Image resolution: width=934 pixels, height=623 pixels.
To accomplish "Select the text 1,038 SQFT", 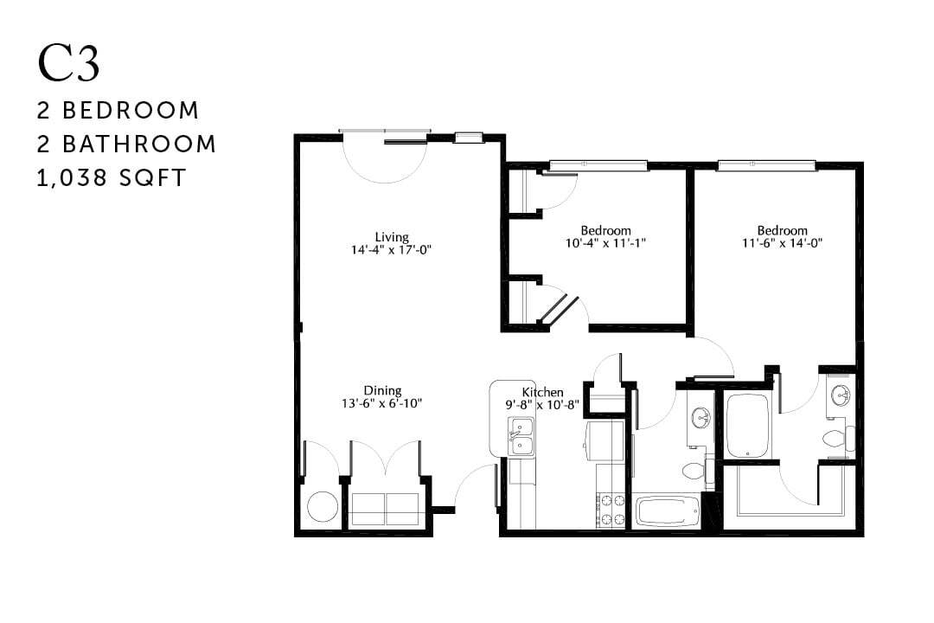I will click(x=112, y=177).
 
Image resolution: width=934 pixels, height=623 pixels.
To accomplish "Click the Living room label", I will click(x=392, y=237).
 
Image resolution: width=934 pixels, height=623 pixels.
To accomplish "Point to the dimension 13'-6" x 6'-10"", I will click(x=383, y=403).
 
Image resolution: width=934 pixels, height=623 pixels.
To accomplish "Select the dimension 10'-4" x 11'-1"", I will click(x=605, y=243).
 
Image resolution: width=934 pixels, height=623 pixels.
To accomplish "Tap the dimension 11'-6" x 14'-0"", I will click(x=783, y=243).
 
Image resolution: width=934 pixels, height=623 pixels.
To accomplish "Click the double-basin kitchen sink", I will click(x=521, y=436).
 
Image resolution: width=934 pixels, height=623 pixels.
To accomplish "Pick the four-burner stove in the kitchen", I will click(x=611, y=510).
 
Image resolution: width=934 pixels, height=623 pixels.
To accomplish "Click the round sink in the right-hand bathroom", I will click(x=840, y=395).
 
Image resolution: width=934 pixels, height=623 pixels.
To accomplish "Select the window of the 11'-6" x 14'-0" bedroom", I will click(x=766, y=165).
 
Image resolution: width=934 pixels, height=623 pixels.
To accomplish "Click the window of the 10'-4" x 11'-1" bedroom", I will click(x=598, y=165).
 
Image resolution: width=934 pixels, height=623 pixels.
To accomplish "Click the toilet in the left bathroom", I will click(x=694, y=472).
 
